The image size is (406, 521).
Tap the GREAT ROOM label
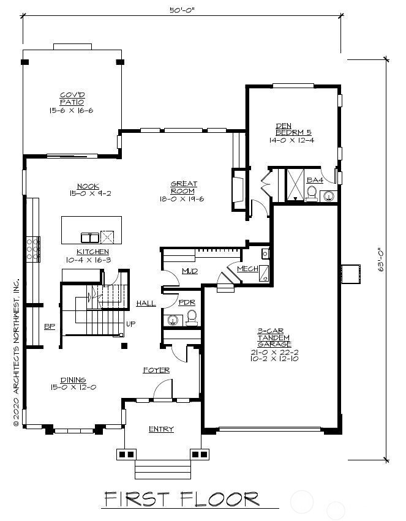182,187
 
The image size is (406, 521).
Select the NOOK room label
88,186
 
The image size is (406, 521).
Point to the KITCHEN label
92,252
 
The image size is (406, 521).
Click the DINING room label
72,380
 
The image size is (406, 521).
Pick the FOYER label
156,370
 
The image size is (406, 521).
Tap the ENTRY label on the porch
161,429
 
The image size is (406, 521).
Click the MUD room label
189,271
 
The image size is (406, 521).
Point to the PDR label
186,303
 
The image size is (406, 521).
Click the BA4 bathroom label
314,180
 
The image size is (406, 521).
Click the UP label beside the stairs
130,324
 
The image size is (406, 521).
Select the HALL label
146,303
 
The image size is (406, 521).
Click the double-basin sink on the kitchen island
89,238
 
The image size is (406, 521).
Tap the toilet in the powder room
191,318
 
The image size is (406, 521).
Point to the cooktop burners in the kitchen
32,249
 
